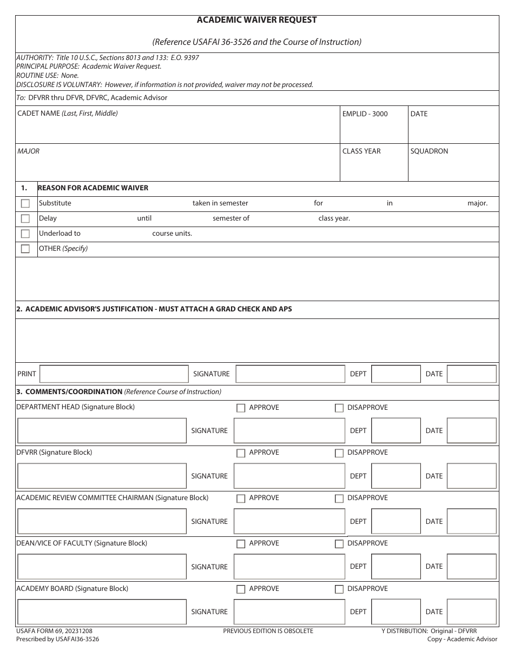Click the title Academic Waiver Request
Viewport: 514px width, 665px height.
(x=257, y=20)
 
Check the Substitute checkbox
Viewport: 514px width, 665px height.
(x=25, y=204)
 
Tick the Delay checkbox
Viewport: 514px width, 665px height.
(x=25, y=219)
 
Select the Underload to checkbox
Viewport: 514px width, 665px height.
(x=25, y=234)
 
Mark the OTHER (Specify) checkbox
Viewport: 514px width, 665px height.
(x=25, y=249)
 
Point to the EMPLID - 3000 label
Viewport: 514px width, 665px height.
(x=365, y=114)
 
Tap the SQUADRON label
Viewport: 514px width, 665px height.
(x=429, y=151)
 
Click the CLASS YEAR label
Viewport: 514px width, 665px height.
(x=361, y=151)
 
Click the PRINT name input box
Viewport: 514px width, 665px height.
(x=114, y=374)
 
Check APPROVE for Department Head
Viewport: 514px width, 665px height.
(x=241, y=408)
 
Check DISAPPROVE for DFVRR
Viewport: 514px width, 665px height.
(x=339, y=453)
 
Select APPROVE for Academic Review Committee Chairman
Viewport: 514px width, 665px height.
(x=241, y=498)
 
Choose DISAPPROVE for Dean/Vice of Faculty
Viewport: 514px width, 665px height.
(x=339, y=544)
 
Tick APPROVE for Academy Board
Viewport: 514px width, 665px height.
(x=241, y=589)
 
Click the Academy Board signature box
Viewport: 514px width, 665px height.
(x=289, y=612)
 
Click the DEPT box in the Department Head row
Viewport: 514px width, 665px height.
(x=396, y=431)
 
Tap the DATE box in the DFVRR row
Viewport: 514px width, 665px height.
(x=471, y=476)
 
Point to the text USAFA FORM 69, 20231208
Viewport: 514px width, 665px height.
(x=50, y=631)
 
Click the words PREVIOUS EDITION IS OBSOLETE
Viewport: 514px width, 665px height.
(x=268, y=631)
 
